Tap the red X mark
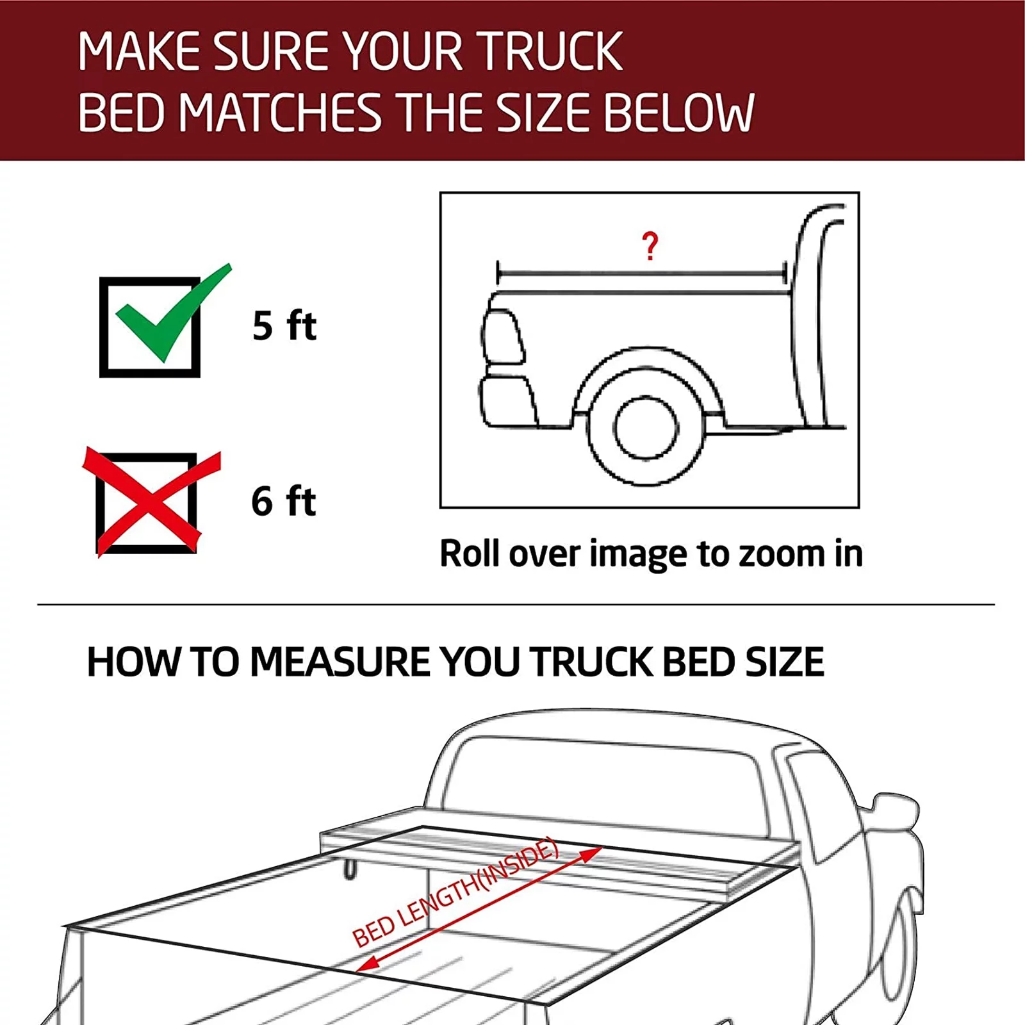click(x=151, y=502)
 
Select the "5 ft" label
click(x=284, y=325)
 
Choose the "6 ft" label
click(x=283, y=501)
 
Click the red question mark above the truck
click(x=650, y=246)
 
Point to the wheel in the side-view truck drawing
click(x=645, y=428)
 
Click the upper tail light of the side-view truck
click(x=503, y=336)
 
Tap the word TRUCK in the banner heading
click(x=551, y=51)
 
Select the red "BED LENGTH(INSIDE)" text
click(x=455, y=894)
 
